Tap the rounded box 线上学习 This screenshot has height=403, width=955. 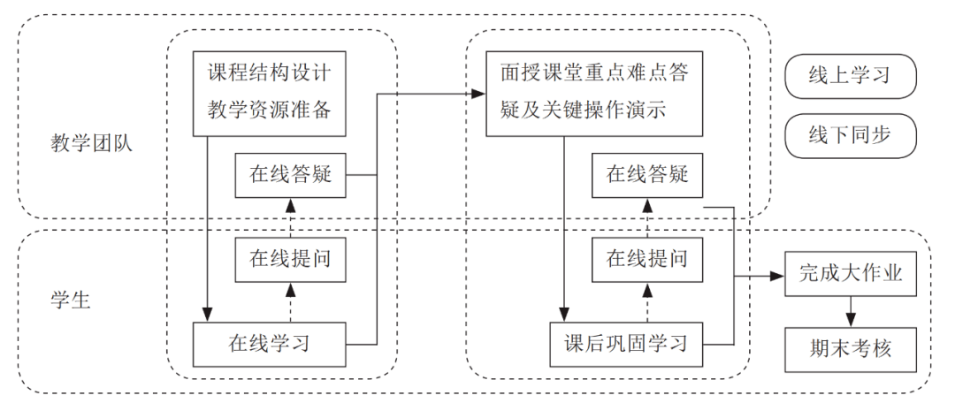click(849, 76)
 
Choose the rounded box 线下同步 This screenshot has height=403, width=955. click(849, 136)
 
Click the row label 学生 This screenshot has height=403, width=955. click(69, 300)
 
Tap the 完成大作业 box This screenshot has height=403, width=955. click(850, 273)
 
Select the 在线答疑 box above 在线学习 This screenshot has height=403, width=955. click(291, 175)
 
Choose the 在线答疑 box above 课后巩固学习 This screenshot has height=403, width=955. click(647, 175)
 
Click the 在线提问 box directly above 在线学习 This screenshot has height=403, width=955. click(291, 260)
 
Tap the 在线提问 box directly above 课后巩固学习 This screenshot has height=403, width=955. click(647, 260)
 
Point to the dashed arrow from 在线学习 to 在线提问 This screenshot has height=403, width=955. click(291, 302)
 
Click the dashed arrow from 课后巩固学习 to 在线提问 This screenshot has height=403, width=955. click(647, 302)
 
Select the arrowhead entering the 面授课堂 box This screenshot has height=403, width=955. click(479, 92)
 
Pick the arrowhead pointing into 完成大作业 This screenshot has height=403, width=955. click(779, 274)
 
